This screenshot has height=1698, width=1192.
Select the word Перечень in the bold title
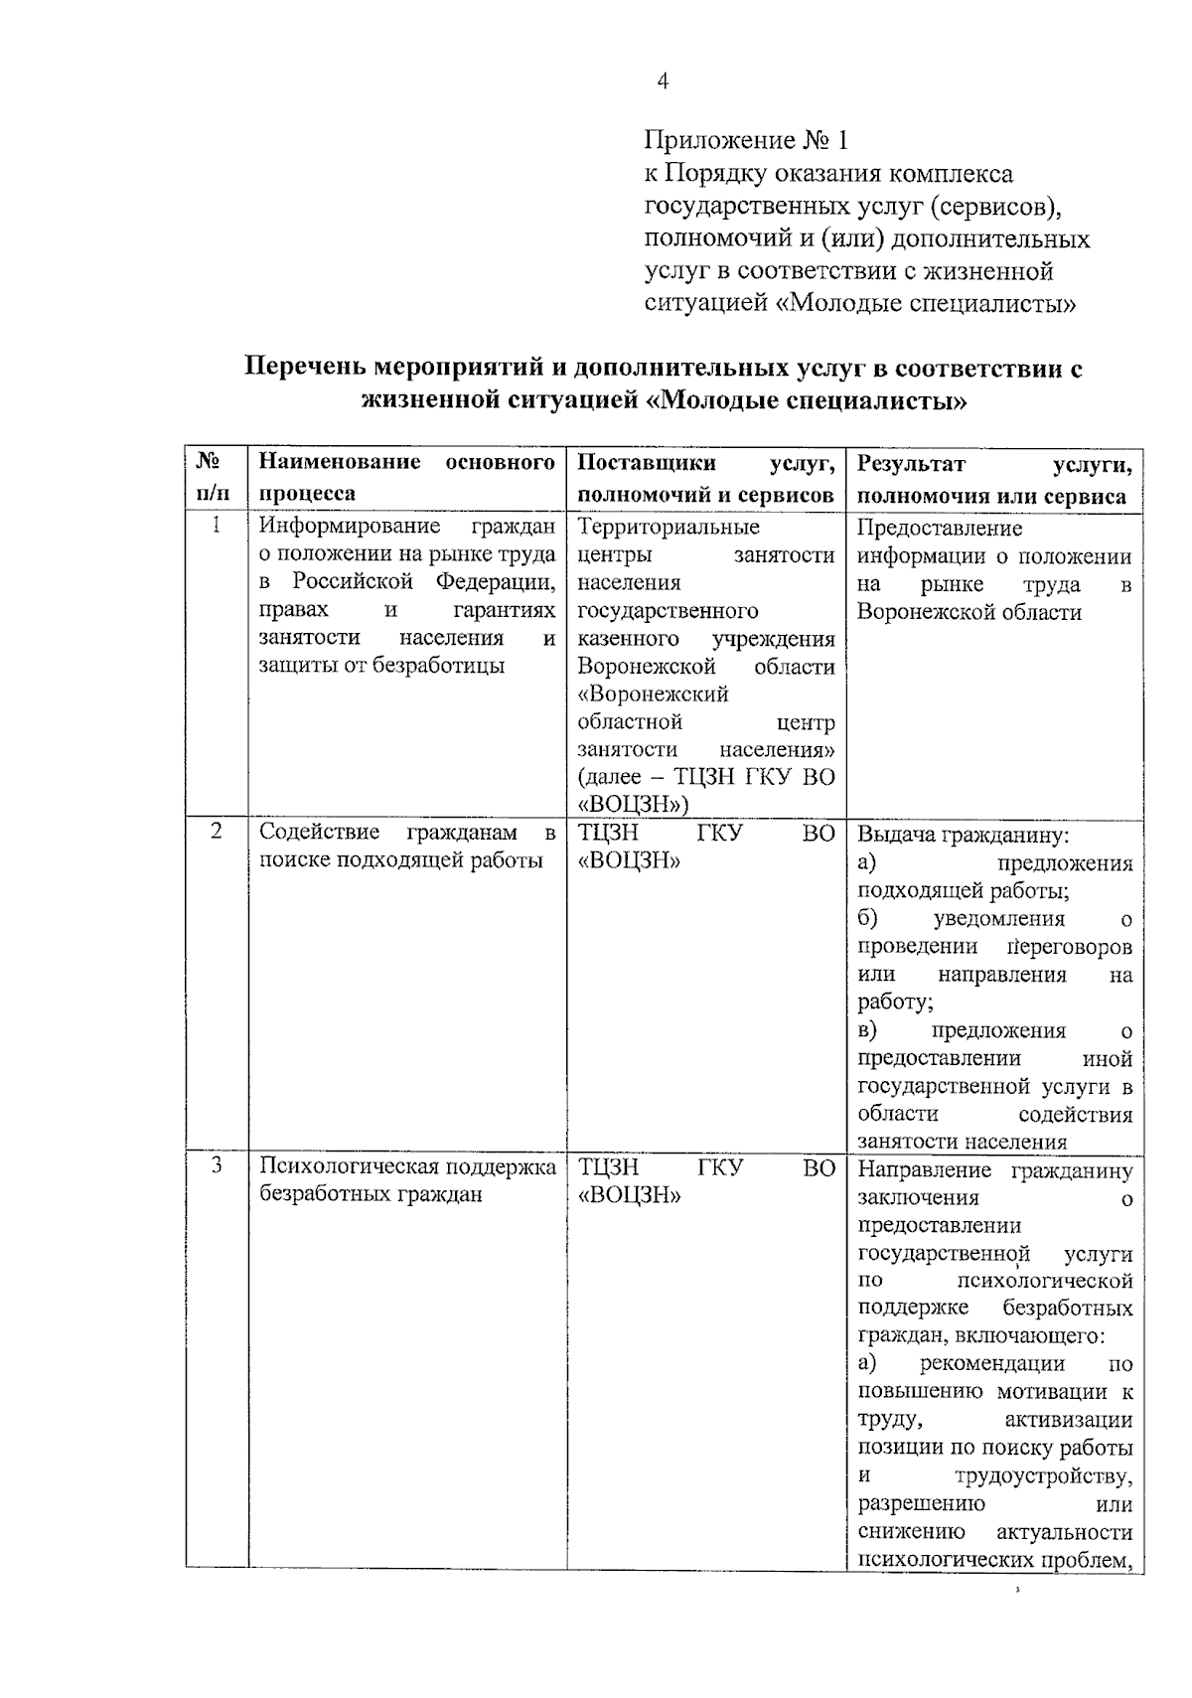tap(303, 369)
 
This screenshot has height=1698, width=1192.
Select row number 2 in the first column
tap(217, 832)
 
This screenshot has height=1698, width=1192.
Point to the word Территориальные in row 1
tap(669, 527)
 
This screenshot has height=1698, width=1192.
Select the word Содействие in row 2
tap(318, 832)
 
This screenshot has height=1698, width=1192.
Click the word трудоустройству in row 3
tap(1042, 1476)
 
